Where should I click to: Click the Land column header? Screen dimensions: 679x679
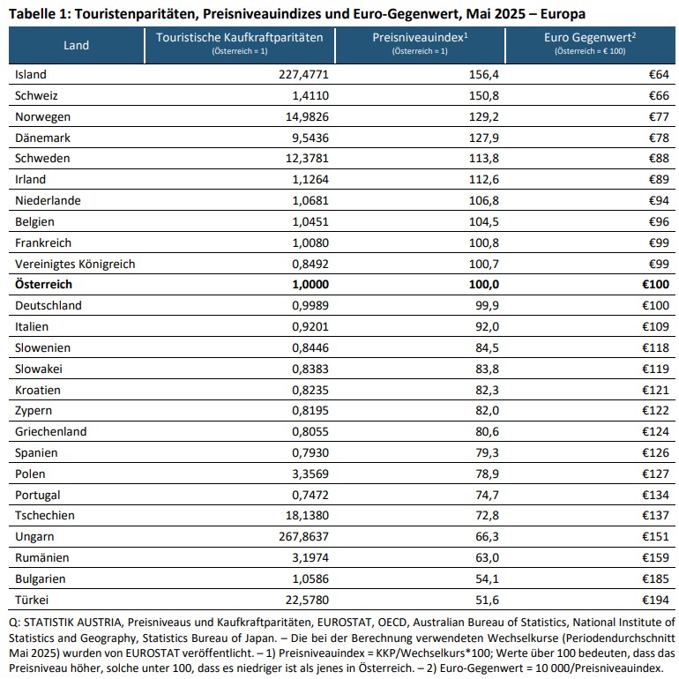pyautogui.click(x=76, y=45)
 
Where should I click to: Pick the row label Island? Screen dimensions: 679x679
pyautogui.click(x=31, y=74)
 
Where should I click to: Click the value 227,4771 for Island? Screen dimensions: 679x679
pyautogui.click(x=303, y=74)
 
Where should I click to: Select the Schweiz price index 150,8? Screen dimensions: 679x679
pyautogui.click(x=484, y=96)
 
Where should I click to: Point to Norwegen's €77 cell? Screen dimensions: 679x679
pyautogui.click(x=659, y=117)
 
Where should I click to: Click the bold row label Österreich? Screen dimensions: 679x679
pyautogui.click(x=44, y=285)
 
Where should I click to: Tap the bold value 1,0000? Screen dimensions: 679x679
pyautogui.click(x=310, y=285)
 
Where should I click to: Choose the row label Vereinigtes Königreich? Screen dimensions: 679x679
pyautogui.click(x=75, y=265)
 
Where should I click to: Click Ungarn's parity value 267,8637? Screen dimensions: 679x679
pyautogui.click(x=303, y=537)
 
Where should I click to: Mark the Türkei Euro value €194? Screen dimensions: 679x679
pyautogui.click(x=655, y=601)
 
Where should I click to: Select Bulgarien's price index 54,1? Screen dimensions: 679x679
pyautogui.click(x=487, y=579)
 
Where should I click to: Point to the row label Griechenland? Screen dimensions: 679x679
pyautogui.click(x=50, y=432)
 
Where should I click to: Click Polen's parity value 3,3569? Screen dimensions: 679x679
pyautogui.click(x=310, y=474)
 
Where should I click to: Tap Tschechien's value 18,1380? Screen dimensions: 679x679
pyautogui.click(x=307, y=516)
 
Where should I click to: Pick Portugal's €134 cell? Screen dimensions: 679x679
pyautogui.click(x=655, y=495)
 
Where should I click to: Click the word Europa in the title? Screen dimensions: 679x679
pyautogui.click(x=563, y=14)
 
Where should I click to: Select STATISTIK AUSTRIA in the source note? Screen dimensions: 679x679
pyautogui.click(x=72, y=623)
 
